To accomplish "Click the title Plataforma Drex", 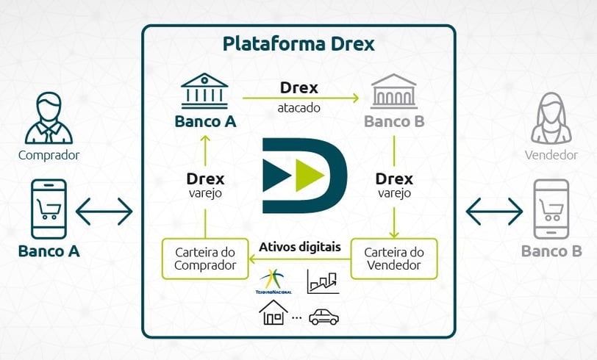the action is tap(298, 44).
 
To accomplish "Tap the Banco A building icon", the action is tap(204, 91).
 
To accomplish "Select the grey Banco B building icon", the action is tap(394, 91).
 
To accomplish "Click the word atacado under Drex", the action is tap(299, 108).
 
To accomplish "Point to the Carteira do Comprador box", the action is tap(205, 259).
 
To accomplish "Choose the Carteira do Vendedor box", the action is tap(394, 259).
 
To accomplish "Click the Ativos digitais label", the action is tap(300, 247).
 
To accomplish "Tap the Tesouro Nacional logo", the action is tap(274, 281).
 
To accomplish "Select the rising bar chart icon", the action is tap(323, 282).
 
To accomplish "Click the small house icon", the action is tap(273, 312).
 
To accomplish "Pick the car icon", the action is tap(324, 317).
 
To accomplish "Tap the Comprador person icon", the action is tap(49, 118).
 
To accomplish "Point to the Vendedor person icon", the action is tap(551, 118).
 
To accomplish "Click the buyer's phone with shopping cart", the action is tap(49, 209).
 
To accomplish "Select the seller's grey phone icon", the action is tap(551, 209).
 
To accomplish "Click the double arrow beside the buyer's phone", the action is tap(104, 211).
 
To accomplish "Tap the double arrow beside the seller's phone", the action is tap(494, 211).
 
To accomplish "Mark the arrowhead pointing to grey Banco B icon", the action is tap(355, 98).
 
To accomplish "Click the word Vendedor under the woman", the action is tap(551, 155).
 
